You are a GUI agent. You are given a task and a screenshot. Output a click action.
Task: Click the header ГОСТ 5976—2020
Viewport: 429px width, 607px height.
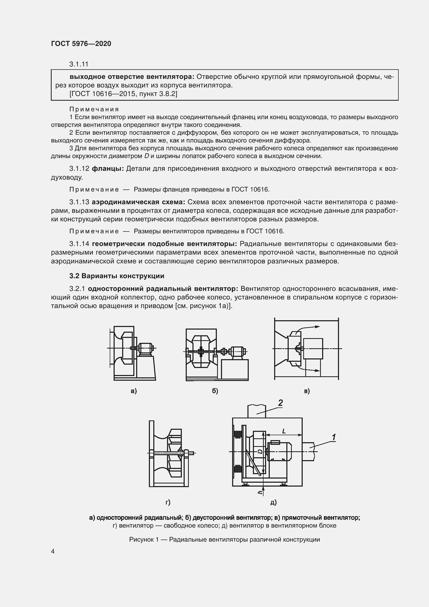coord(81,44)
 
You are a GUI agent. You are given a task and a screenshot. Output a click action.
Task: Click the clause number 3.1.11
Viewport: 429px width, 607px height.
coord(79,64)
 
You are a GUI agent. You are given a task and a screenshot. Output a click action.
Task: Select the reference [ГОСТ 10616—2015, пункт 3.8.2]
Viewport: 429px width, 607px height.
coord(123,94)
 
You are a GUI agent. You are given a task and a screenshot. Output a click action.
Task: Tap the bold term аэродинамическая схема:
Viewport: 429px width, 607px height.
coord(139,202)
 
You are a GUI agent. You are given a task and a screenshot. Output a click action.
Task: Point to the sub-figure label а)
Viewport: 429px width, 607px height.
coord(134,391)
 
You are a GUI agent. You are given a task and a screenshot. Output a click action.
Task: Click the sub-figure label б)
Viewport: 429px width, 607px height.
coord(215,391)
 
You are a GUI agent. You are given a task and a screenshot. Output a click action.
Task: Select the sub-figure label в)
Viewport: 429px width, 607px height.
coord(307,391)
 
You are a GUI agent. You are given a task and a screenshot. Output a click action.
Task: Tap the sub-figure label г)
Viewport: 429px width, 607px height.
coord(168,502)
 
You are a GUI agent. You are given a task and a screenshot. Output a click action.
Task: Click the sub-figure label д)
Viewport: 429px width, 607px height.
coord(273,502)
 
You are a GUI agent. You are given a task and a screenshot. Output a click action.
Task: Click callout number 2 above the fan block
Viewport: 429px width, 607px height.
coord(280,403)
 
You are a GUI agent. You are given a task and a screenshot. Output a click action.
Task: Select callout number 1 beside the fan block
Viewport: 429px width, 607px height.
coord(334,437)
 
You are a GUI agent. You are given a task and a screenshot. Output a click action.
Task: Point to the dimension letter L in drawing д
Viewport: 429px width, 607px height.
coord(284,431)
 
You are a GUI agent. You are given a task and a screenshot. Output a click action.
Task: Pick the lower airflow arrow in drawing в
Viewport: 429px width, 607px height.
coord(309,369)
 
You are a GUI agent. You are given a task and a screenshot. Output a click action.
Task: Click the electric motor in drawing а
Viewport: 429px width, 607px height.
coord(145,348)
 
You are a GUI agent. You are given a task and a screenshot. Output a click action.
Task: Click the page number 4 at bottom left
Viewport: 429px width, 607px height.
coord(53,551)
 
